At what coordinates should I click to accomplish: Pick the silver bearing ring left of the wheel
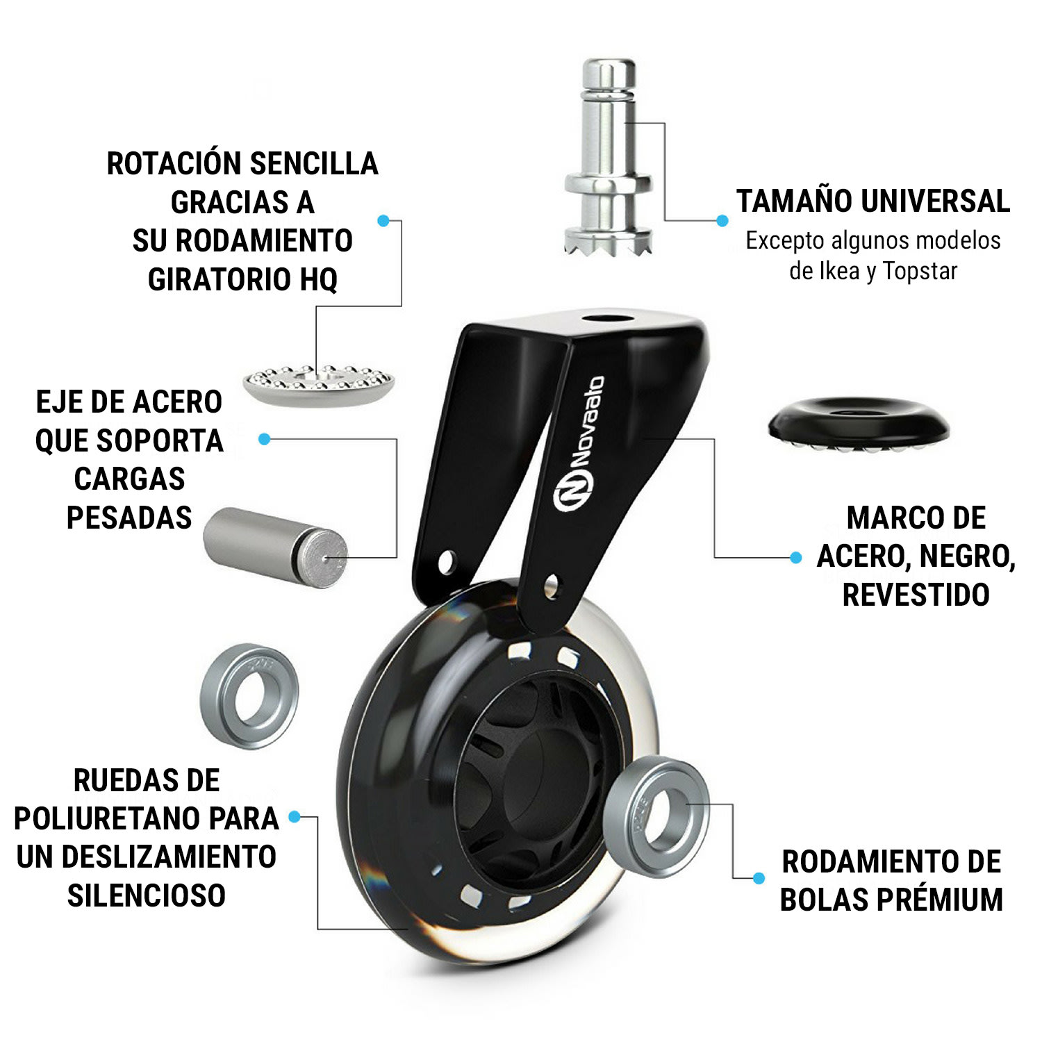(249, 696)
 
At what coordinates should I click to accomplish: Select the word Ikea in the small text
(839, 271)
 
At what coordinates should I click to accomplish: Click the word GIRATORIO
(220, 280)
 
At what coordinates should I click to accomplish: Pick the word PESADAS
(129, 518)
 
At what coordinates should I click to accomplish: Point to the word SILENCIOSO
(147, 895)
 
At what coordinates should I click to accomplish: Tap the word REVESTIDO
(916, 595)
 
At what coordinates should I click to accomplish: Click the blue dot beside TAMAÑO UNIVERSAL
(722, 221)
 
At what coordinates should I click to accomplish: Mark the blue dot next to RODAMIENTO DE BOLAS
(759, 879)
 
